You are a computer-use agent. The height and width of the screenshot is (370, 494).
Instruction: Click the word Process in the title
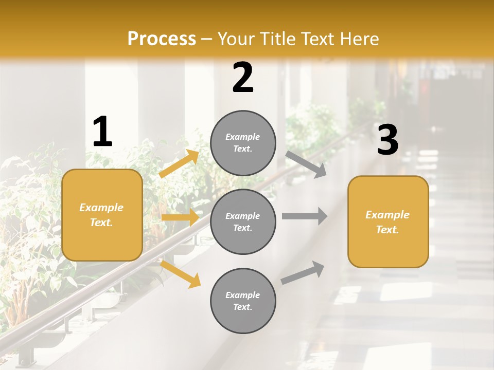162,39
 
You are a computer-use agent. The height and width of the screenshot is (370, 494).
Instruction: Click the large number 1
102,132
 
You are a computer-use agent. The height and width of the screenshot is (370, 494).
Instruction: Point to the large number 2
243,78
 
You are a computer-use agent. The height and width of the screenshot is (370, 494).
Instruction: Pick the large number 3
387,140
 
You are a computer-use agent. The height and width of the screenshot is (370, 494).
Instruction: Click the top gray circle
243,143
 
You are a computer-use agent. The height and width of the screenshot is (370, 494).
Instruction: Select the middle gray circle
243,221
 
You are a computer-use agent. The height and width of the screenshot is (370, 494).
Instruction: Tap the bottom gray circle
243,301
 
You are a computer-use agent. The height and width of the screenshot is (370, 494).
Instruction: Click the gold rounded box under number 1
102,215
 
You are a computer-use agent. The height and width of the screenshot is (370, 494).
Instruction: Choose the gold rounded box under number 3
388,221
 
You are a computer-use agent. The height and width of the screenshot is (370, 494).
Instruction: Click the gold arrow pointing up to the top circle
179,163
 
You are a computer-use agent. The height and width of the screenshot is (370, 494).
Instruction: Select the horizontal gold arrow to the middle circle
180,217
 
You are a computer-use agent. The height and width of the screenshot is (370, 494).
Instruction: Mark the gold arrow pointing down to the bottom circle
181,274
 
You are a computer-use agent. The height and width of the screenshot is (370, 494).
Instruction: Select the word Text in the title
317,39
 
